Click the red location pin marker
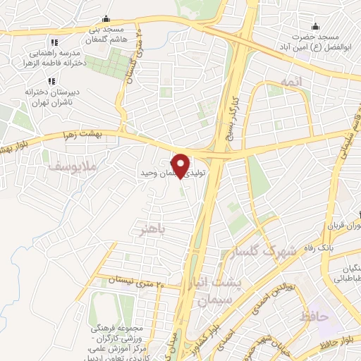(x=182, y=165)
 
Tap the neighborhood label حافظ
(x=314, y=317)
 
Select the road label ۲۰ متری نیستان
(x=134, y=281)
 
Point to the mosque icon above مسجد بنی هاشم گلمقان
(x=106, y=18)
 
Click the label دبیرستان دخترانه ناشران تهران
(x=30, y=97)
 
